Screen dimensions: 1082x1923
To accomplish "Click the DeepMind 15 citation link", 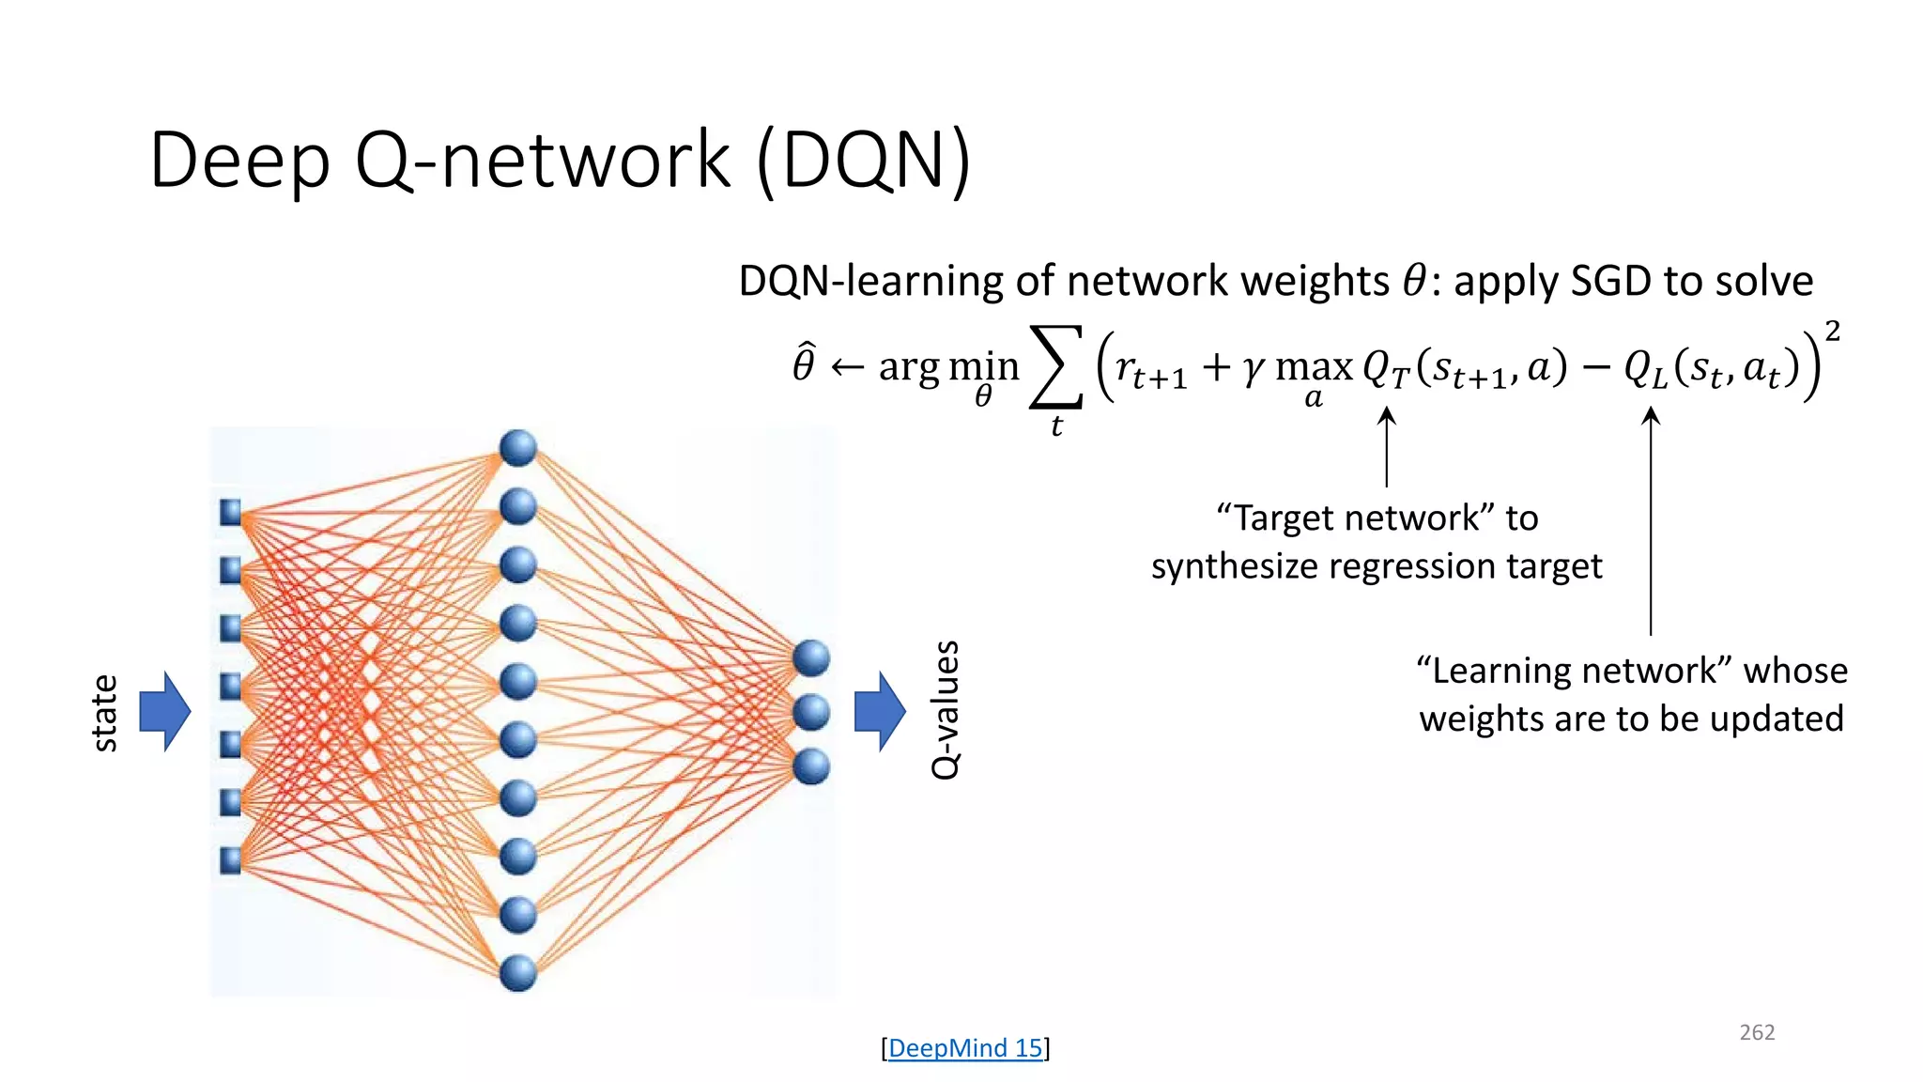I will tap(965, 1048).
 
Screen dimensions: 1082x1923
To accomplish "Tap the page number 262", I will tap(1757, 1032).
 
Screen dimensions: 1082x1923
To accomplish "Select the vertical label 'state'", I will tap(105, 712).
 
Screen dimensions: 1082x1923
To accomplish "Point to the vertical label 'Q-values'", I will tap(946, 710).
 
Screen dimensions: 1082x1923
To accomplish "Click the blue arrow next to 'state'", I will tap(165, 711).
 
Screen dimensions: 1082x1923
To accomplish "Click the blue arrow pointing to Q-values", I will tap(880, 711).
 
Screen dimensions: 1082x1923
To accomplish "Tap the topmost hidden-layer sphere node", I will tap(518, 448).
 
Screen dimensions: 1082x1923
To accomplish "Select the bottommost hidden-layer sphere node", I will tap(518, 972).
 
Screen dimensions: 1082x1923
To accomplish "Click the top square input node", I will tap(230, 512).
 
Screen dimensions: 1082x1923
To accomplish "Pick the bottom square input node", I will tap(230, 860).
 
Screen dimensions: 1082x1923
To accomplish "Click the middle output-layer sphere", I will tap(811, 712).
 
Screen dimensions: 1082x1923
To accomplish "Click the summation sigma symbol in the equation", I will tap(1056, 367).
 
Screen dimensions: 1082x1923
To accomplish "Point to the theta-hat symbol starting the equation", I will tap(804, 364).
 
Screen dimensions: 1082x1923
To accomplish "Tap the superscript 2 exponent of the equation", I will tap(1832, 331).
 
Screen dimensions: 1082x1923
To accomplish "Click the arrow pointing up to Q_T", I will tap(1387, 446).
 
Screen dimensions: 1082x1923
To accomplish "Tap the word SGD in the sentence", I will tap(1611, 281).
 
